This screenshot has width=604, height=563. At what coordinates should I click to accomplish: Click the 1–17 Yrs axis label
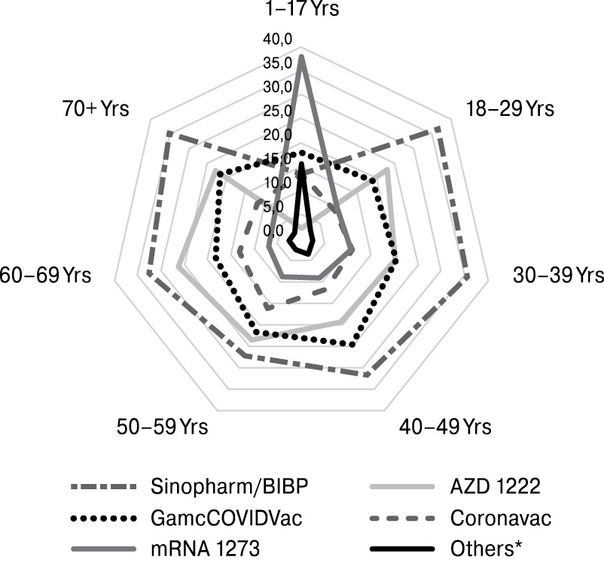point(301,10)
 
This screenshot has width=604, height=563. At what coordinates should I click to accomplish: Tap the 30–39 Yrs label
point(558,275)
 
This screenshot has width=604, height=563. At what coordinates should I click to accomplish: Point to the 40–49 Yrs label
point(445,427)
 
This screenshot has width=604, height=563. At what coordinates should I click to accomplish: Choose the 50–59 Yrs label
point(162,427)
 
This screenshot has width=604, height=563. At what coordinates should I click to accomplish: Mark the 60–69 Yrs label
point(46,275)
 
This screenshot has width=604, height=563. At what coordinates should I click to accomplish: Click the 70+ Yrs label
point(96,108)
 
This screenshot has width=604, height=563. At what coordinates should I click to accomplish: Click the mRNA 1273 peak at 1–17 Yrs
point(301,56)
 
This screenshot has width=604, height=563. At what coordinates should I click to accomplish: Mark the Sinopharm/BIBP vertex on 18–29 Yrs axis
point(438,129)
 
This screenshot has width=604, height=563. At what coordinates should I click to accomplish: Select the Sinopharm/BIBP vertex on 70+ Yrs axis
point(169,134)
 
